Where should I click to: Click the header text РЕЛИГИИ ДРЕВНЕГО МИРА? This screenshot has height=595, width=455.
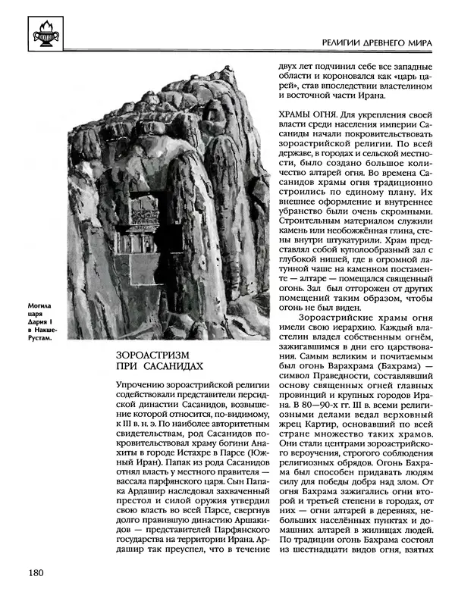pos(372,44)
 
